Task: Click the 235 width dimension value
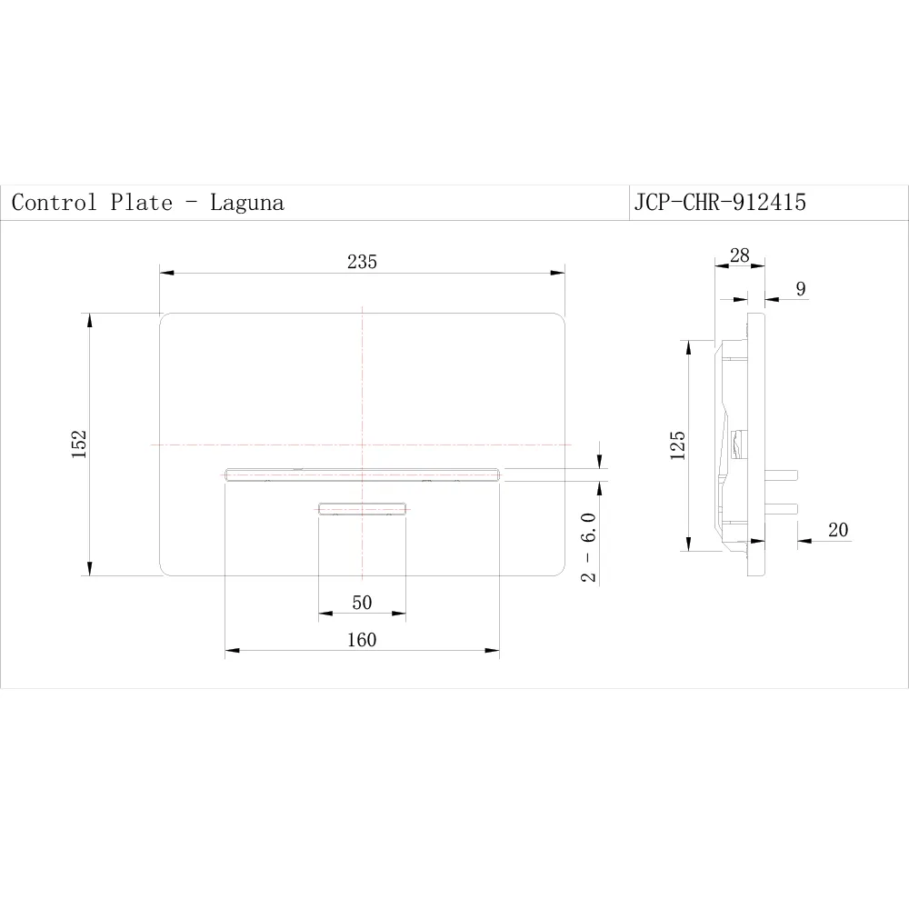[x=362, y=262]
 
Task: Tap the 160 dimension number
[x=361, y=640]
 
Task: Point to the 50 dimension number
[x=362, y=604]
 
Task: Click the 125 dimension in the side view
[x=678, y=445]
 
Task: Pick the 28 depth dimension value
[x=740, y=255]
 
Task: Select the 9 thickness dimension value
[x=800, y=289]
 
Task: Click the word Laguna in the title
[x=247, y=203]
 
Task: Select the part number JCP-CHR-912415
[x=720, y=203]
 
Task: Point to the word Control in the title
[x=54, y=203]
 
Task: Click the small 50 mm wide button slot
[x=362, y=508]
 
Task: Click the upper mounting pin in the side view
[x=783, y=474]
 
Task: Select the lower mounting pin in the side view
[x=783, y=506]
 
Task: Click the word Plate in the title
[x=142, y=203]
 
